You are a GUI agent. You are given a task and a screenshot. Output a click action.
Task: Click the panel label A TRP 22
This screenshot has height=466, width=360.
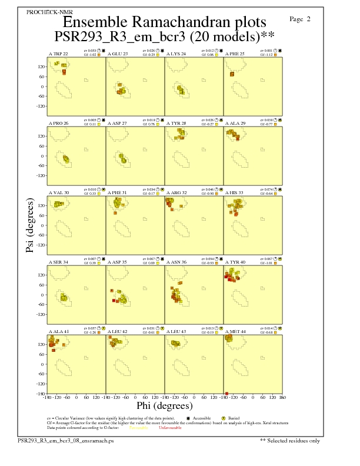(x=58, y=54)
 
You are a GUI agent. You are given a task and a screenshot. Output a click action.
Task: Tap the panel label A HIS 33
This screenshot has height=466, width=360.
(x=234, y=192)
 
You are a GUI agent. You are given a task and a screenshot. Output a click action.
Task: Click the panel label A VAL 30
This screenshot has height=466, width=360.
(x=58, y=192)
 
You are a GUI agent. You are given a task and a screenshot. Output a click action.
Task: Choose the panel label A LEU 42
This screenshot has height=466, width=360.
(x=118, y=332)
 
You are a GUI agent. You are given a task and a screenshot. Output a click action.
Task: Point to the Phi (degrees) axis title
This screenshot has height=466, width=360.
(x=165, y=405)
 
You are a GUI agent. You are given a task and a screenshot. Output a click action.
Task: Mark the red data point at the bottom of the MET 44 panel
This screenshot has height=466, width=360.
(x=226, y=393)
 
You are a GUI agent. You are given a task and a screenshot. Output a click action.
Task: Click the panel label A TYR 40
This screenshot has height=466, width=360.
(x=234, y=262)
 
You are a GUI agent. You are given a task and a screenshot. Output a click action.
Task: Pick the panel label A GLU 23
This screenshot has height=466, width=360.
(x=118, y=54)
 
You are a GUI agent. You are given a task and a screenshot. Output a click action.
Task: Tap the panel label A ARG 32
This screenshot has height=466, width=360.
(x=176, y=192)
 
